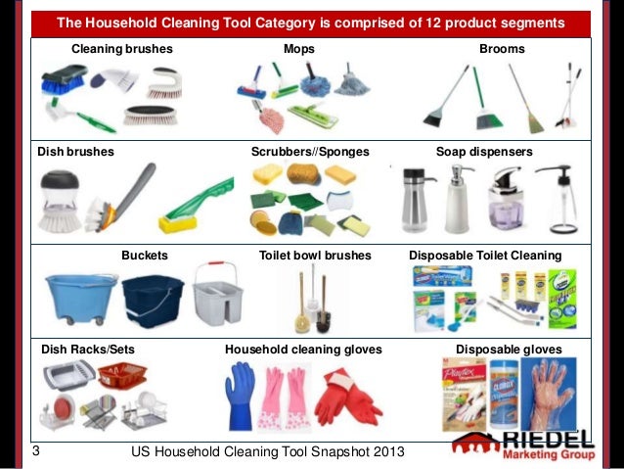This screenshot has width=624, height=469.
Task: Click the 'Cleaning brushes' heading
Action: pos(121,48)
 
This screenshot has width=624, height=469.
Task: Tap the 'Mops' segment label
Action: pos(298,48)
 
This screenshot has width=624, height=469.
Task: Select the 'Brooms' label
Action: pos(502,48)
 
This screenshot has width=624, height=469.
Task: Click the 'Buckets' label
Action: pos(145,256)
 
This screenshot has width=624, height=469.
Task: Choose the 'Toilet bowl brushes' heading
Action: pos(315,256)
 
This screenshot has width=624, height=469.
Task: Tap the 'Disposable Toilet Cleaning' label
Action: pos(485,256)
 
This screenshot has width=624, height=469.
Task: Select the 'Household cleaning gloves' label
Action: pos(303,349)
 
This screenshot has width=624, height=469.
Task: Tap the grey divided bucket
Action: pos(217,292)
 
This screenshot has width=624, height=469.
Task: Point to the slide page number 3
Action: pos(36,451)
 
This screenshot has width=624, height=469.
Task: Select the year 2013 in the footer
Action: pos(384,452)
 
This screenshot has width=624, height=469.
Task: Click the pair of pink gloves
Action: pos(283,397)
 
